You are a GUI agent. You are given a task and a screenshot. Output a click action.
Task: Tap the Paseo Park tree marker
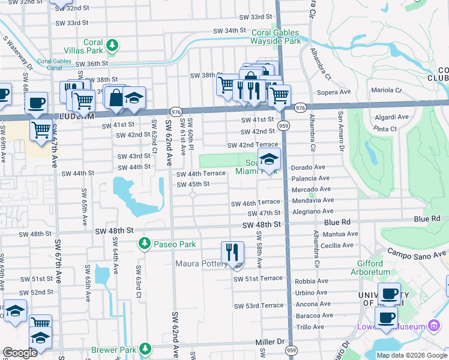pos(144,244)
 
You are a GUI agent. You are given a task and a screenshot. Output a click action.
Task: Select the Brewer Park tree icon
pos(144,349)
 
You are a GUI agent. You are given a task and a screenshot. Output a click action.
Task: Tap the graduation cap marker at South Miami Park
pos(270,160)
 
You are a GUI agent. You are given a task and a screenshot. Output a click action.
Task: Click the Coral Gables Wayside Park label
pos(276,37)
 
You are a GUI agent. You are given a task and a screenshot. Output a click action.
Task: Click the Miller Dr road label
pos(268,341)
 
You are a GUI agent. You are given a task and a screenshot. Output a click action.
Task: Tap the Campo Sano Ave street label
pos(417,254)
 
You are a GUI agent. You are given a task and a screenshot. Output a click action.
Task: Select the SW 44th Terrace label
pos(200,173)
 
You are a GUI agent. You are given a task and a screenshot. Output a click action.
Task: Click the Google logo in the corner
pos(20,352)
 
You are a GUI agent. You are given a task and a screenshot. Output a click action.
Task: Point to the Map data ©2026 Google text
pos(411,355)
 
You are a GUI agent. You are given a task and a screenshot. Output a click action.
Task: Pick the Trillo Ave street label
pos(310,327)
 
